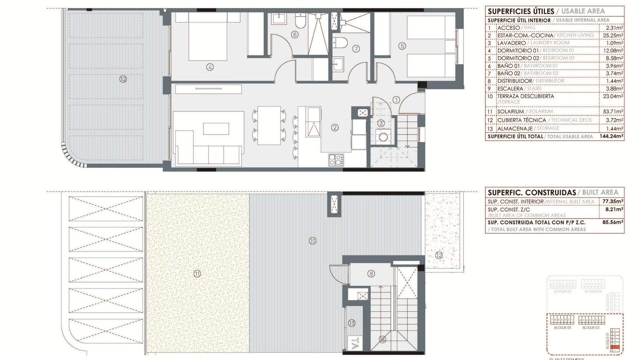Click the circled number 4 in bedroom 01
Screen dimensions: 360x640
click(x=210, y=67)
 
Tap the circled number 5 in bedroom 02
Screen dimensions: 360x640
click(x=402, y=46)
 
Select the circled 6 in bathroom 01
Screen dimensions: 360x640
click(x=294, y=34)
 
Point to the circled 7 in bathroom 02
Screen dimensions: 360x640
click(x=356, y=49)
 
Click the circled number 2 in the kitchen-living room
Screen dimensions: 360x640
click(x=335, y=127)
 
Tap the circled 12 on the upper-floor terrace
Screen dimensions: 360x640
click(x=123, y=79)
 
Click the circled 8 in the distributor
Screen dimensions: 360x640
click(x=371, y=274)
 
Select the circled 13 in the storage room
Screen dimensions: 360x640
click(x=352, y=323)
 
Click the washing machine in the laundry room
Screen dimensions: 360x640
click(x=381, y=137)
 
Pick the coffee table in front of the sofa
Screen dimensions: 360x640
click(x=216, y=129)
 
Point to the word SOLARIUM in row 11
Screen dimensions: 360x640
click(x=510, y=112)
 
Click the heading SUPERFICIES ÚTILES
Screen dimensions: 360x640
click(x=521, y=11)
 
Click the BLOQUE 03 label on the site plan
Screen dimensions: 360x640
click(x=562, y=328)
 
